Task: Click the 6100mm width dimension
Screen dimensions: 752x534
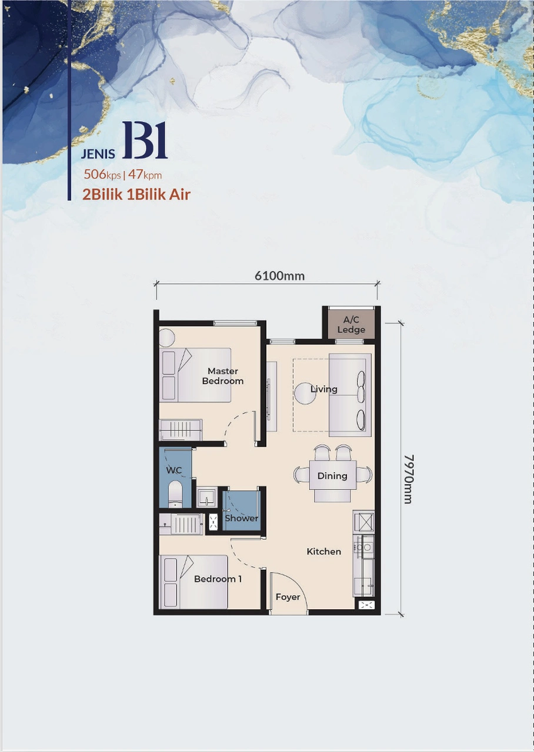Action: (x=279, y=276)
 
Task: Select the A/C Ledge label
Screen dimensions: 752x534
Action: (x=351, y=324)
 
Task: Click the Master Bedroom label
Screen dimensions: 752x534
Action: (x=223, y=376)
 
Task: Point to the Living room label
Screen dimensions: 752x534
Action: (x=324, y=389)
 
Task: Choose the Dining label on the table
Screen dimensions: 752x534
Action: (x=332, y=476)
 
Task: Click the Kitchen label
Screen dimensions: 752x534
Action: (x=323, y=552)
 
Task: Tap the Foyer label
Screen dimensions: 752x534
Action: (x=288, y=597)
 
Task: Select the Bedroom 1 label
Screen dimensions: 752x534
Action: (x=218, y=579)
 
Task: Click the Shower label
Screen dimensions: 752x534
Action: (x=241, y=518)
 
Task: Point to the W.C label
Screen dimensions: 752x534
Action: (x=174, y=471)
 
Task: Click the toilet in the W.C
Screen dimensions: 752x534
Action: (x=176, y=493)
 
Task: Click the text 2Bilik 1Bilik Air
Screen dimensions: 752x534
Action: (x=136, y=194)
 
